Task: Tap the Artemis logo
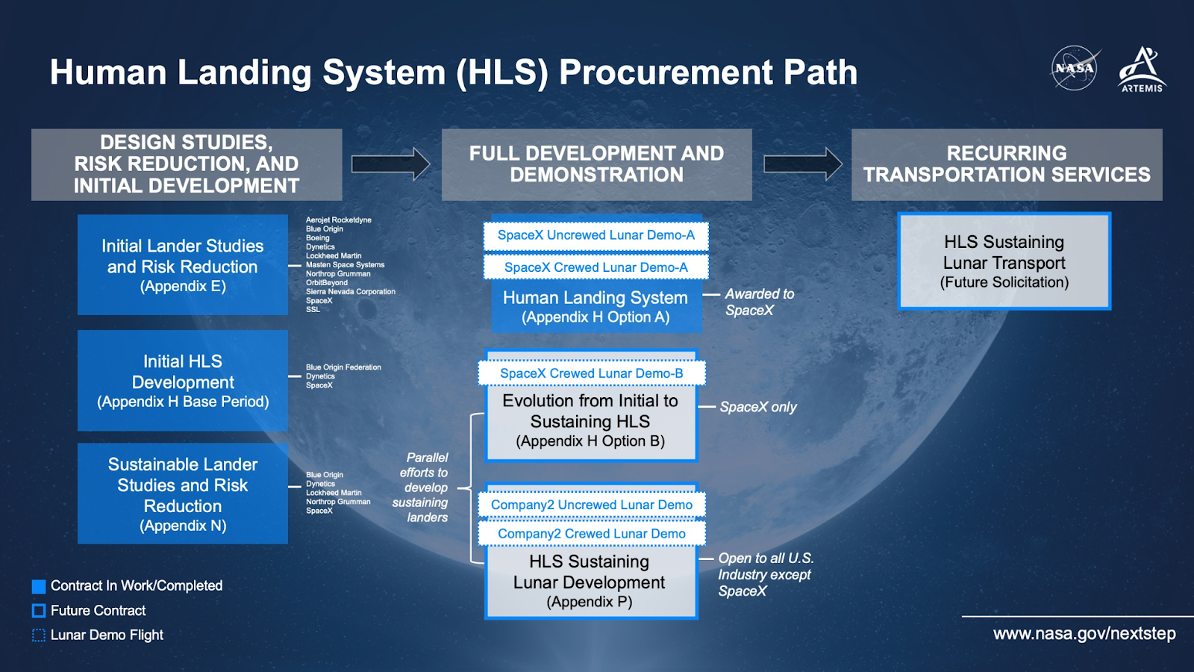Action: tap(1142, 69)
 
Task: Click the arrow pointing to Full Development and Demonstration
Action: tap(391, 164)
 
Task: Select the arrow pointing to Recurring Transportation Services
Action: tap(803, 164)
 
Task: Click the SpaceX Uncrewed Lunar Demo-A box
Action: tap(596, 236)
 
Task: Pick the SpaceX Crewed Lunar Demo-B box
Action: tap(592, 373)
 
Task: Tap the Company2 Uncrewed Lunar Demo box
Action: tap(592, 505)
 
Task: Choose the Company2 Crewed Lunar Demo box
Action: tap(592, 533)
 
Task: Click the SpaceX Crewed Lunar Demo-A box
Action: tap(596, 267)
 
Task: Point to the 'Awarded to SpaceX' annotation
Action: tap(760, 302)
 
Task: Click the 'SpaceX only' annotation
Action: tap(758, 407)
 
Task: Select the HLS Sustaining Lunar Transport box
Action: tap(1004, 261)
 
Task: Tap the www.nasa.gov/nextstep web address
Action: tap(1084, 634)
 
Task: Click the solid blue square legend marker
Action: tap(39, 586)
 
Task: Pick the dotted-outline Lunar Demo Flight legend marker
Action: tap(39, 635)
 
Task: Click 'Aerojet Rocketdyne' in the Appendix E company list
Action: tap(339, 220)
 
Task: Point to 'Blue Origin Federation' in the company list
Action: tap(343, 367)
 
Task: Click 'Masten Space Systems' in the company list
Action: tap(345, 264)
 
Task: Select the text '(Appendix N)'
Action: tap(183, 526)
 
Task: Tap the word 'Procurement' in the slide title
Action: tap(665, 72)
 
